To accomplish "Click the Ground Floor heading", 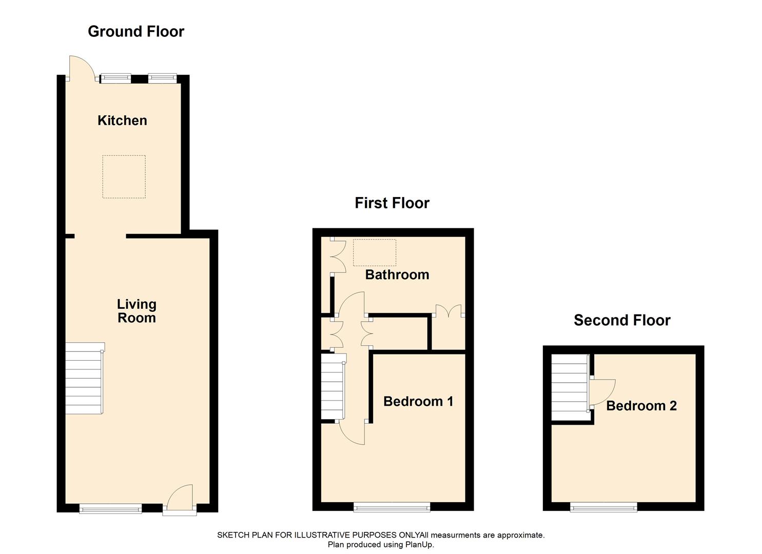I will (136, 31).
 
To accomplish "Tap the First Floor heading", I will (392, 203).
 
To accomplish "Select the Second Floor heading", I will (622, 320).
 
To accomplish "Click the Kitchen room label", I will (122, 121).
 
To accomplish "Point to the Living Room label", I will (136, 311).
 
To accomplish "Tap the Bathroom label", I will (397, 274).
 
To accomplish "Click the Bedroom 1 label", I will (418, 401).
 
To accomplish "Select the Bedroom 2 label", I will (641, 406).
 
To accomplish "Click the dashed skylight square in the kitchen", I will (124, 176).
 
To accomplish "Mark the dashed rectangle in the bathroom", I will (375, 252).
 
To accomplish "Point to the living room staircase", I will (84, 379).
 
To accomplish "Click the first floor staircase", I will (332, 388).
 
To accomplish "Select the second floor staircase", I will (569, 388).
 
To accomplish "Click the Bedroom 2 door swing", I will (601, 392).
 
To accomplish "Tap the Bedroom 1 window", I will (392, 507).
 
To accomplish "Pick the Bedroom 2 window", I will (603, 507).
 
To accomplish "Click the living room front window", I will (110, 508).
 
